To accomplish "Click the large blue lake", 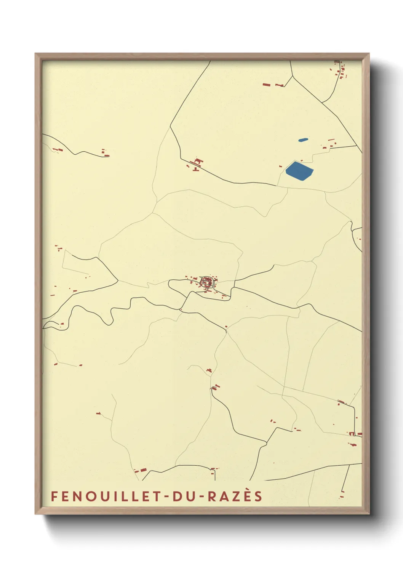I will click(x=299, y=171).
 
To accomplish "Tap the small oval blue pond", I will click(x=303, y=140).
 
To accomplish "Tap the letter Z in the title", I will click(x=237, y=496).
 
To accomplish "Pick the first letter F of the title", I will click(x=54, y=496).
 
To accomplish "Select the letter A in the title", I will click(x=225, y=496).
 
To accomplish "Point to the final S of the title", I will click(x=259, y=496).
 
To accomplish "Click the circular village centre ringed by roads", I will click(x=206, y=282).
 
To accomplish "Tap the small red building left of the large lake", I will click(x=281, y=166).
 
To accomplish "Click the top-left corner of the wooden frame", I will click(x=36, y=54).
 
